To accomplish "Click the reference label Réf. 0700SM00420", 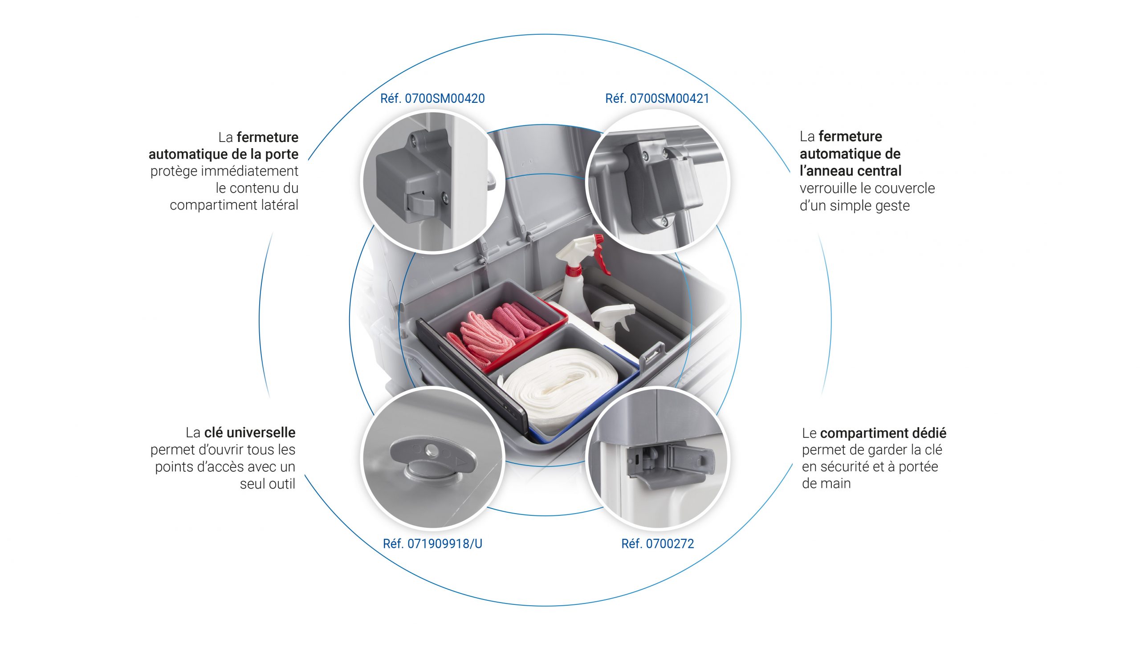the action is [432, 98].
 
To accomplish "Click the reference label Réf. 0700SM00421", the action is [657, 98].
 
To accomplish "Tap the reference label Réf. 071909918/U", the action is [432, 544].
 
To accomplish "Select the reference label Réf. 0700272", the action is [657, 544].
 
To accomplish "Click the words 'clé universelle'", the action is [249, 433].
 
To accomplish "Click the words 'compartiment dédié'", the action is [883, 433].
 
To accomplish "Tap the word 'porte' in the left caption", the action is [281, 154].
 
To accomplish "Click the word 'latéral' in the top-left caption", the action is [279, 205].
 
